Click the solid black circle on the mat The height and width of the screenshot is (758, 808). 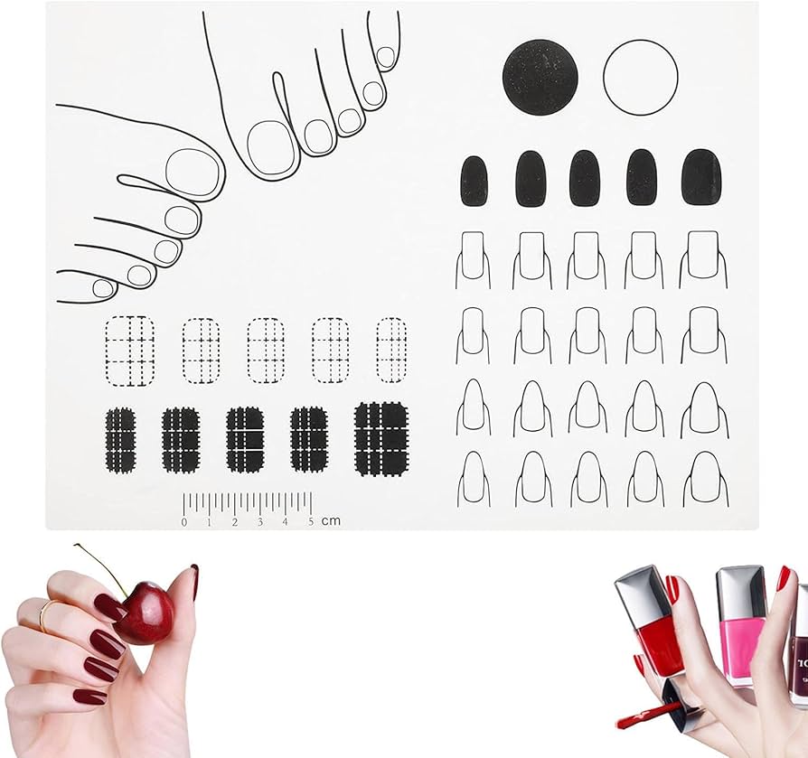540,77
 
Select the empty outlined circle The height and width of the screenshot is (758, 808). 641,77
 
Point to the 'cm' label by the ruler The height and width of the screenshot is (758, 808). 331,520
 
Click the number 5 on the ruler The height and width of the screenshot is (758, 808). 311,521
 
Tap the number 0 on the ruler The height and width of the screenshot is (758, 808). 184,522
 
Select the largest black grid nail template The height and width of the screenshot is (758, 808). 381,439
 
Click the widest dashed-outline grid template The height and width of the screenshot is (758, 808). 130,351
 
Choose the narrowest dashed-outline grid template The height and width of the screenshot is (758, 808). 391,351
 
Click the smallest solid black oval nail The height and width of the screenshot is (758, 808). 474,182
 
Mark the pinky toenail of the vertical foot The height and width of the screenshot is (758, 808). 386,57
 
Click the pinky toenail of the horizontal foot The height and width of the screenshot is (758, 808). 103,288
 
